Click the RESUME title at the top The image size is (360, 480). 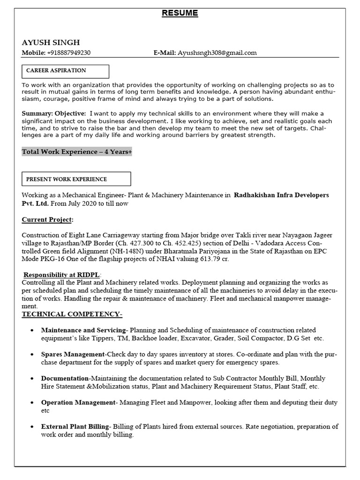pyautogui.click(x=180, y=13)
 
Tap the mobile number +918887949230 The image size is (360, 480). pyautogui.click(x=69, y=52)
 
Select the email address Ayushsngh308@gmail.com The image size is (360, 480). pyautogui.click(x=217, y=52)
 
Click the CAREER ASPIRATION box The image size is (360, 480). pyautogui.click(x=65, y=71)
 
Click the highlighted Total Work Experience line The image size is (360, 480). pyautogui.click(x=77, y=152)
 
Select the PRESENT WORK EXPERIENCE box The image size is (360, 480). pyautogui.click(x=76, y=179)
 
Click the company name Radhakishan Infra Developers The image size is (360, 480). pyautogui.click(x=281, y=195)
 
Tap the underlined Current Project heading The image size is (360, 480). pyautogui.click(x=47, y=220)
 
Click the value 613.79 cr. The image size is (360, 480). pyautogui.click(x=213, y=259)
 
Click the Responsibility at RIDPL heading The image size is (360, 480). pyautogui.click(x=62, y=275)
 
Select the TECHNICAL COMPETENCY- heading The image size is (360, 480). pyautogui.click(x=72, y=314)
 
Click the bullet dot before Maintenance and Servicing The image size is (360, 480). pyautogui.click(x=31, y=330)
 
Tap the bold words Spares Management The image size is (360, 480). pyautogui.click(x=73, y=354)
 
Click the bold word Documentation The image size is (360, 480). pyautogui.click(x=65, y=378)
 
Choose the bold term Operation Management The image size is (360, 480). pyautogui.click(x=78, y=403)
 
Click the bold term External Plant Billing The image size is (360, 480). pyautogui.click(x=75, y=427)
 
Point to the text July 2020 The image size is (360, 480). pyautogui.click(x=78, y=203)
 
